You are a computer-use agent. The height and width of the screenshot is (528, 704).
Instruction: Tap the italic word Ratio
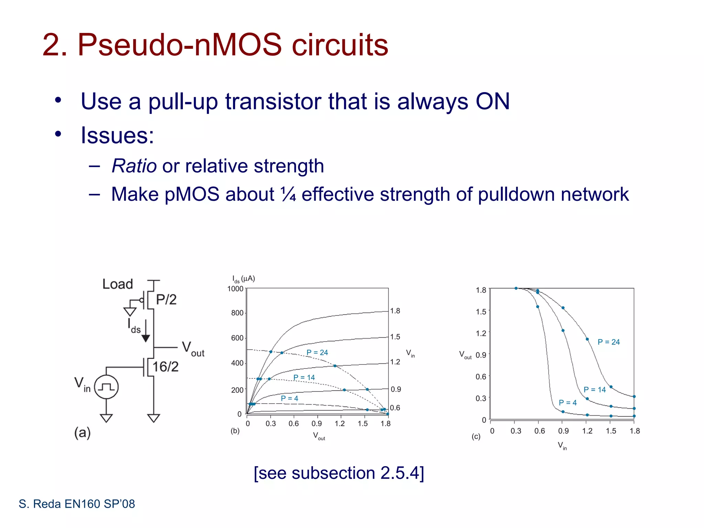click(x=134, y=166)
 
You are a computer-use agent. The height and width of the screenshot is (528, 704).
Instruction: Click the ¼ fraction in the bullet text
click(x=288, y=195)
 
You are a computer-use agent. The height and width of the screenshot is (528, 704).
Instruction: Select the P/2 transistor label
click(x=166, y=300)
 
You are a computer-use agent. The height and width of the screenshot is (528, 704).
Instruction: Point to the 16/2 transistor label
click(x=165, y=367)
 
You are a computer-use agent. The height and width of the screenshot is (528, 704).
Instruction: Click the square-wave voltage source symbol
click(x=106, y=387)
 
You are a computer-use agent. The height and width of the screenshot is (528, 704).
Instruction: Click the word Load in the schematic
click(x=118, y=284)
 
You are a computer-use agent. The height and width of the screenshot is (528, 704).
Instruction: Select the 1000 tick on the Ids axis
click(x=235, y=289)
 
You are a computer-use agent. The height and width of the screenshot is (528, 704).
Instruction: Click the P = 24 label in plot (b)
click(x=317, y=352)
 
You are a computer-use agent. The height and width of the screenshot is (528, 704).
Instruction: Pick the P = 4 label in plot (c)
click(x=568, y=403)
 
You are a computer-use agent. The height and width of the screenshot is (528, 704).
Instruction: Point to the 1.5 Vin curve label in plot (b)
click(x=395, y=337)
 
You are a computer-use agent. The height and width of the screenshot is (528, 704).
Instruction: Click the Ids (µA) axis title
click(x=243, y=279)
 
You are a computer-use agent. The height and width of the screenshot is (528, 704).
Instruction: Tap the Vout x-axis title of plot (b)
click(x=319, y=436)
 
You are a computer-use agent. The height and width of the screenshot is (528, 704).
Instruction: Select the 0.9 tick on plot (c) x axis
click(x=563, y=431)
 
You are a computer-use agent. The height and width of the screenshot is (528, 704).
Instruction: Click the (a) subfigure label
click(x=82, y=433)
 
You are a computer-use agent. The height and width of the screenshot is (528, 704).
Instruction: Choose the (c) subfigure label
click(x=476, y=437)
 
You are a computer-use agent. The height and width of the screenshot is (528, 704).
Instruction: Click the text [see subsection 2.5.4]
click(x=339, y=473)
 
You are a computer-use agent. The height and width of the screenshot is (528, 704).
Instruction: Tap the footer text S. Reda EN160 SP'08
click(x=77, y=504)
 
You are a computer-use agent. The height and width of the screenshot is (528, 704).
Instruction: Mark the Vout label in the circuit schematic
click(x=192, y=349)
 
